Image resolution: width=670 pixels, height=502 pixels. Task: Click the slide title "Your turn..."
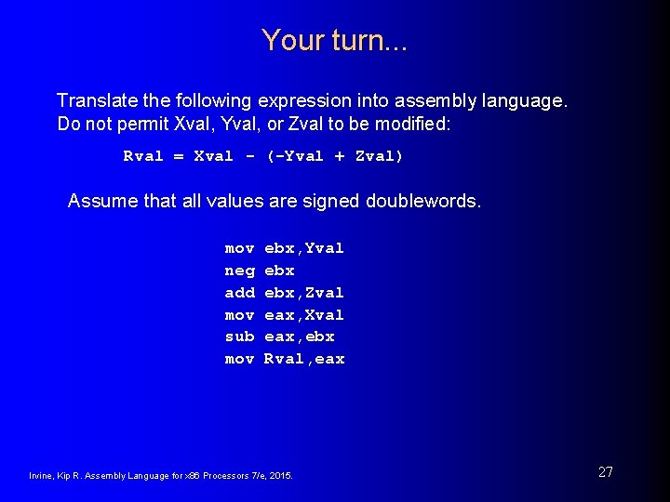click(x=335, y=41)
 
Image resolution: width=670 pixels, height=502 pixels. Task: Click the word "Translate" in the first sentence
click(x=94, y=100)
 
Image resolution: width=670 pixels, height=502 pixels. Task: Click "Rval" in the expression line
click(x=143, y=156)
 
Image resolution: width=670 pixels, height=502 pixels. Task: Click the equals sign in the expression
click(x=179, y=156)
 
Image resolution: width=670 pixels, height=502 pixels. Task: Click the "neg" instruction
click(x=239, y=271)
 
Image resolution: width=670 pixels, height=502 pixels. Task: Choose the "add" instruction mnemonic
click(x=239, y=293)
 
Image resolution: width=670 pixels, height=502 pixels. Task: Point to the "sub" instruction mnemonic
click(x=239, y=337)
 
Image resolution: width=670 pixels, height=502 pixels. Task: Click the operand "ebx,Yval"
click(x=304, y=248)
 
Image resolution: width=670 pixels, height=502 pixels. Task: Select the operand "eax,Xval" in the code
click(x=304, y=315)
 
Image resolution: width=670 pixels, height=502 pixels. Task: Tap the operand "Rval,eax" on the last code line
click(x=304, y=359)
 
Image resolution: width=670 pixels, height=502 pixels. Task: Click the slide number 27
click(x=606, y=472)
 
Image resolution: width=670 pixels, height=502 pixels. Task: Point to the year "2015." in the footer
click(x=280, y=476)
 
